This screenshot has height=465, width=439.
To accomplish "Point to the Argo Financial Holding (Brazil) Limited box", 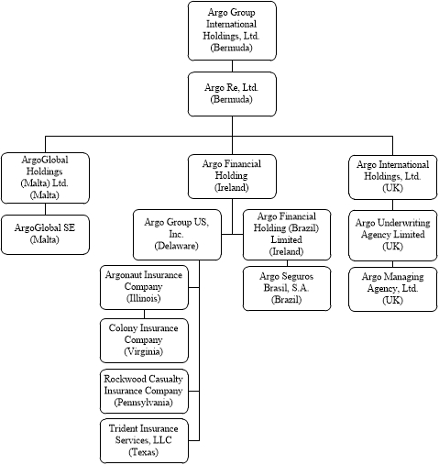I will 287,234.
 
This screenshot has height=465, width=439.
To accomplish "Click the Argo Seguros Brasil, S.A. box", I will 287,288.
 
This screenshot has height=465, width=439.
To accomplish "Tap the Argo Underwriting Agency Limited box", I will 392,234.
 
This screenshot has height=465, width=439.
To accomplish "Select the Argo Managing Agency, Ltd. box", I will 392,288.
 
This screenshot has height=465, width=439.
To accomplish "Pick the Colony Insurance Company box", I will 143,339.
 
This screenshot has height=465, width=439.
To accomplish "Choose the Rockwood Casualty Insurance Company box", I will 143,391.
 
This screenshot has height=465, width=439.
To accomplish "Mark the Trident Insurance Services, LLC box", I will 143,440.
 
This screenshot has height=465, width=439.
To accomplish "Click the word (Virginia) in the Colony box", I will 143,352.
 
